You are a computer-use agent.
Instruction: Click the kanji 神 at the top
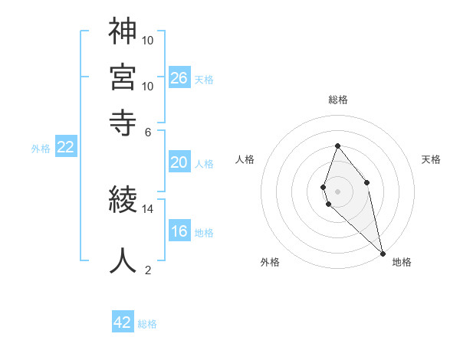(x=123, y=31)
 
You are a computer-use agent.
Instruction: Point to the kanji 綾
(x=123, y=201)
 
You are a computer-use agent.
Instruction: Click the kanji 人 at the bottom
(x=123, y=260)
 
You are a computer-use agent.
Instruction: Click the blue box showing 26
(x=179, y=77)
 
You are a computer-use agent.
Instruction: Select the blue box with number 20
(x=179, y=162)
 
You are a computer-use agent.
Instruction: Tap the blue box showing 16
(x=179, y=232)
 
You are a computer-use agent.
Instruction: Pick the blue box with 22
(x=65, y=148)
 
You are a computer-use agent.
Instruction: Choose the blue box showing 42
(x=123, y=322)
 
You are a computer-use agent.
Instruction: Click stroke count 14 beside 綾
(x=148, y=208)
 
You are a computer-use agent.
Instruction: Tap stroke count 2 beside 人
(x=148, y=269)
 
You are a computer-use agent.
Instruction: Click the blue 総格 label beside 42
(x=148, y=324)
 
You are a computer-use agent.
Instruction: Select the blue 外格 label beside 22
(x=41, y=149)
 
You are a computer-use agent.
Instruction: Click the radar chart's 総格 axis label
(x=337, y=100)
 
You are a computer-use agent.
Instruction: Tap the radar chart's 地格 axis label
(x=402, y=262)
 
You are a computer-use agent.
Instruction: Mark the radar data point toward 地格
(x=382, y=254)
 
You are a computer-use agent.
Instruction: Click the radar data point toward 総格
(x=337, y=146)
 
